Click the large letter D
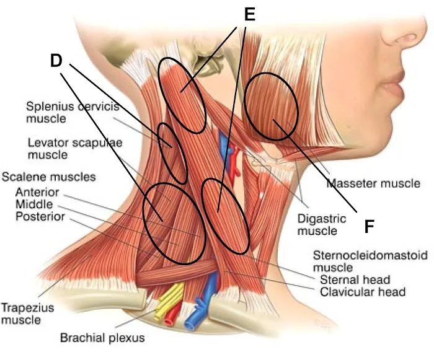[x=57, y=60]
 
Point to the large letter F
[x=368, y=227]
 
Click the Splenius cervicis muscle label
[x=72, y=112]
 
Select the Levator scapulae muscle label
[x=74, y=148]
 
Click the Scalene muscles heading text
[x=49, y=177]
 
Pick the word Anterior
[x=37, y=192]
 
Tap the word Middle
[x=34, y=204]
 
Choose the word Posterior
[x=38, y=216]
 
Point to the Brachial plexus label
[x=102, y=338]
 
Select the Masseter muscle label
[x=374, y=183]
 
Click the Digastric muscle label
[x=317, y=224]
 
